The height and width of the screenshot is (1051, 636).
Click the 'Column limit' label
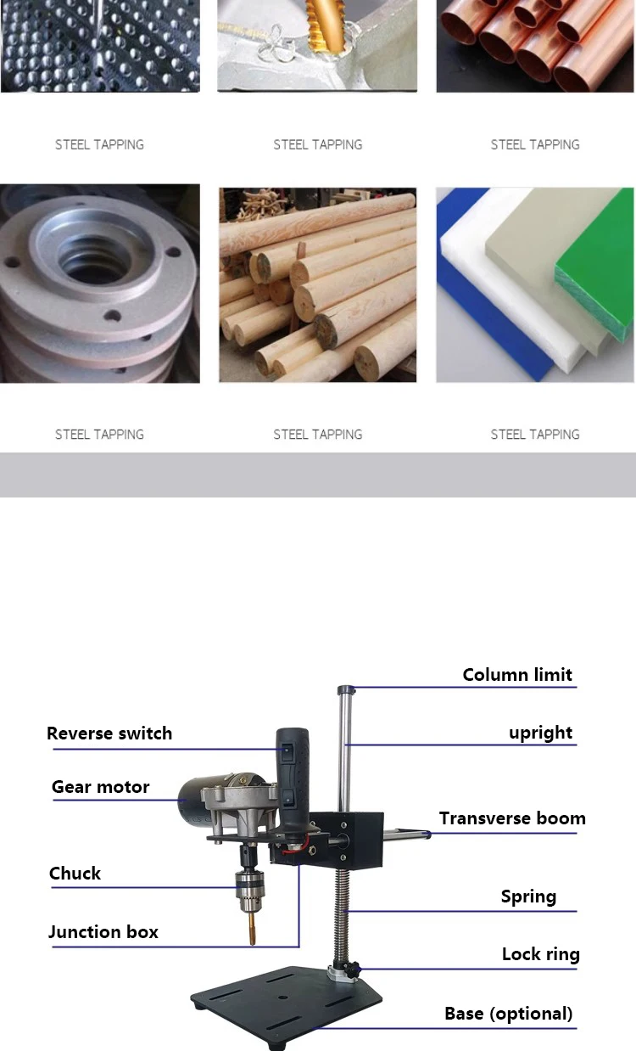click(517, 675)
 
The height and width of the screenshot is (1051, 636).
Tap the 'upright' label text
click(540, 733)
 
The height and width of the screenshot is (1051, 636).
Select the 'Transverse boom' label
click(512, 818)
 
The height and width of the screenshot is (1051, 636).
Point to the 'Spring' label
click(528, 896)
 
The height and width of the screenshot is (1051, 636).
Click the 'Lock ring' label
click(541, 954)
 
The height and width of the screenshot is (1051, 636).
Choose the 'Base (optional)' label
click(509, 1014)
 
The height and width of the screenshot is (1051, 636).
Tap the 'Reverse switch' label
click(109, 733)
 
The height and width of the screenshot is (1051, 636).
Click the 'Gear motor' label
click(100, 787)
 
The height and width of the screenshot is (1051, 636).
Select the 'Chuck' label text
click(75, 874)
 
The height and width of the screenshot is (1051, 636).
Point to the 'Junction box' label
click(103, 932)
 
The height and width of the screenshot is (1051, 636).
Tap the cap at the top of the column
click(346, 690)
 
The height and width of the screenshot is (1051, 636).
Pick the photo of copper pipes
click(535, 46)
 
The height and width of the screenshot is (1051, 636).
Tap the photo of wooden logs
click(318, 284)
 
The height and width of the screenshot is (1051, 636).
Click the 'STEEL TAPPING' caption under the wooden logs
click(318, 435)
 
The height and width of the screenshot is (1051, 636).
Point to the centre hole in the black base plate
click(282, 998)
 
